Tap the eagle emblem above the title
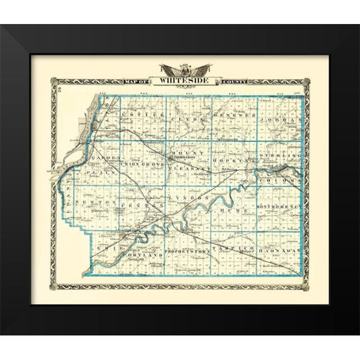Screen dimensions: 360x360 [181, 69]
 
